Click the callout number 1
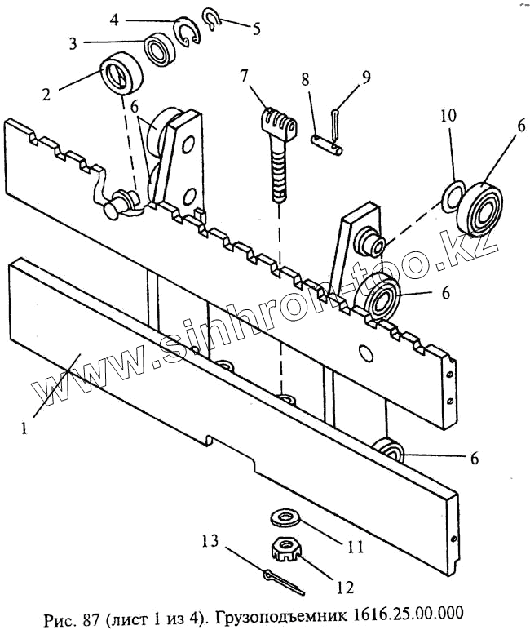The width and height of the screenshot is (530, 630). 24,427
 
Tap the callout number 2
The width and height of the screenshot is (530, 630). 46,94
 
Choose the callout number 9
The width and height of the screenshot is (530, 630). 366,78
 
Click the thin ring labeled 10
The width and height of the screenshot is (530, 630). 451,195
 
